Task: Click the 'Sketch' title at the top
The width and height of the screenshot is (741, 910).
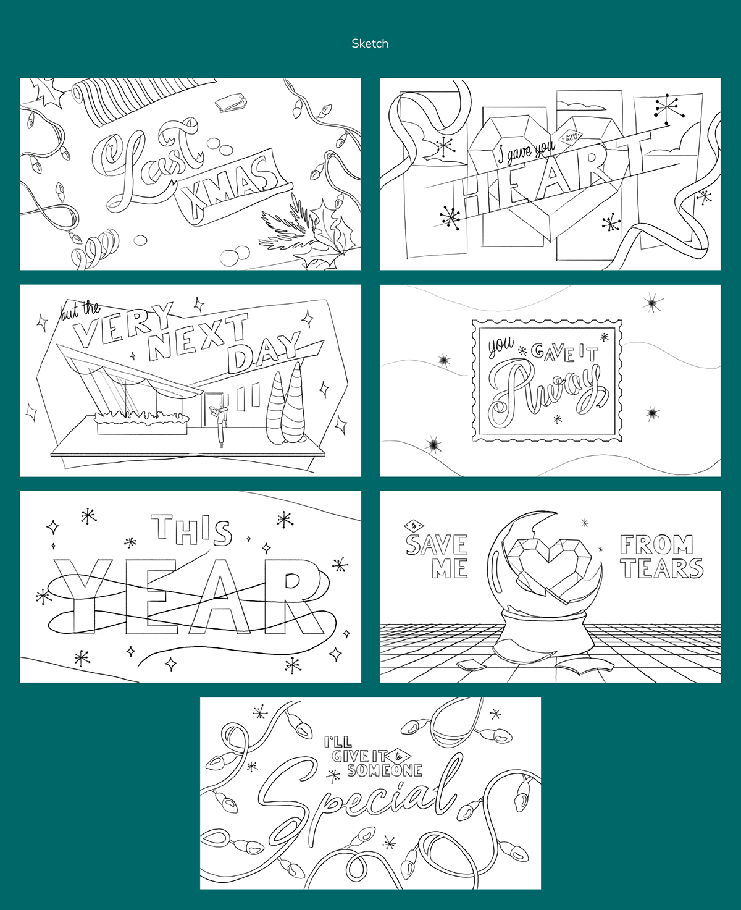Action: point(370,44)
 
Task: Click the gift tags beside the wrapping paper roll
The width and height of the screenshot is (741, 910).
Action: point(231,103)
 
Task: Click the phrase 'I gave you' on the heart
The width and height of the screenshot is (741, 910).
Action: point(526,150)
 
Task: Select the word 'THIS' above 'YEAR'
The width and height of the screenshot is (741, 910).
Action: point(191,529)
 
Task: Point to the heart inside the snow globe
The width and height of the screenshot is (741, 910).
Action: point(548,564)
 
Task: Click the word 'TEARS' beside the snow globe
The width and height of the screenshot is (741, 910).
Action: point(661,568)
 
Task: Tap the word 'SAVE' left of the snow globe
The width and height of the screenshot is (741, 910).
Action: point(437,545)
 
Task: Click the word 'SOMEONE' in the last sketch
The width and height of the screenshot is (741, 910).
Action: point(384,770)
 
